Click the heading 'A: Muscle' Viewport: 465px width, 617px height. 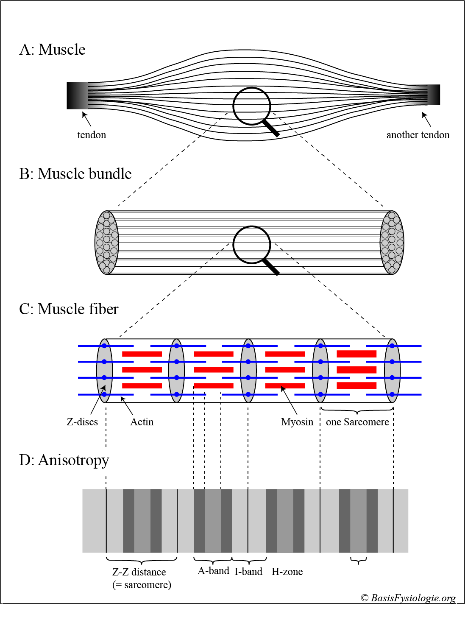pyautogui.click(x=52, y=50)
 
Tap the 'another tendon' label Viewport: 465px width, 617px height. pyautogui.click(x=418, y=135)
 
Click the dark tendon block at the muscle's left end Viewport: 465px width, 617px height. pyautogui.click(x=77, y=95)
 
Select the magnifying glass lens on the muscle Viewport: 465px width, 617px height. pyautogui.click(x=252, y=106)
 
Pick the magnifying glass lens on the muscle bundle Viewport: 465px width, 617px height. pyautogui.click(x=252, y=245)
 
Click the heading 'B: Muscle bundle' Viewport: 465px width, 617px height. pyautogui.click(x=75, y=174)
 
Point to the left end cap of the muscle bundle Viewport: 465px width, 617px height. pyautogui.click(x=106, y=243)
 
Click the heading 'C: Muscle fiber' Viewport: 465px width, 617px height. pyautogui.click(x=69, y=309)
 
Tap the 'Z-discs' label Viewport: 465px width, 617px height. pyautogui.click(x=82, y=422)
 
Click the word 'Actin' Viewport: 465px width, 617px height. pyautogui.click(x=142, y=422)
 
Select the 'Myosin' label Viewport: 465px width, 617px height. pyautogui.click(x=297, y=422)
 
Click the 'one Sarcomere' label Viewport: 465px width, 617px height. pyautogui.click(x=357, y=422)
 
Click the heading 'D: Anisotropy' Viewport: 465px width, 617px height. pyautogui.click(x=64, y=460)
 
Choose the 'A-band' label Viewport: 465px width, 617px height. pyautogui.click(x=213, y=571)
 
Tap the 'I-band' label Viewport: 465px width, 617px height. pyautogui.click(x=248, y=572)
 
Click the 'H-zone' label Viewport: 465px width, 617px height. pyautogui.click(x=287, y=572)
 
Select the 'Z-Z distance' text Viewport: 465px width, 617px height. pyautogui.click(x=139, y=572)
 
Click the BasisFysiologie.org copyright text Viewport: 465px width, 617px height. pyautogui.click(x=408, y=598)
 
